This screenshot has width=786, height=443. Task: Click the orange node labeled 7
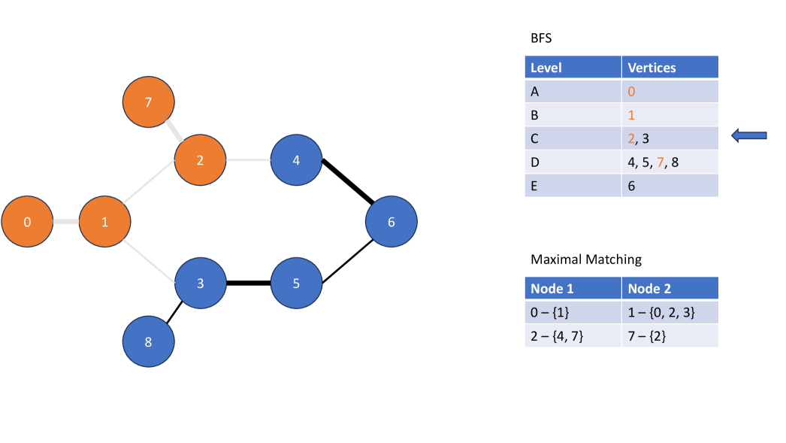pos(149,102)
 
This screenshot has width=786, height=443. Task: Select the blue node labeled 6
pos(391,222)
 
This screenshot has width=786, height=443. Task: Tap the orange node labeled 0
pos(27,222)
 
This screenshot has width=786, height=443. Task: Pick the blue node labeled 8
pos(149,342)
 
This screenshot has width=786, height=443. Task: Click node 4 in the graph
pos(296,160)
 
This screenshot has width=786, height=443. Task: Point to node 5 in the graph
pos(296,284)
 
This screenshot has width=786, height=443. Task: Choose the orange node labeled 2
pos(200,160)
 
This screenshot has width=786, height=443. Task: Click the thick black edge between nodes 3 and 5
pos(248,284)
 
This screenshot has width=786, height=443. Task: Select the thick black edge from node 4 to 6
pos(346,181)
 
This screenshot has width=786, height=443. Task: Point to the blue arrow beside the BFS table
pos(748,135)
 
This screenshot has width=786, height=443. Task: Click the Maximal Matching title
pos(586,259)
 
